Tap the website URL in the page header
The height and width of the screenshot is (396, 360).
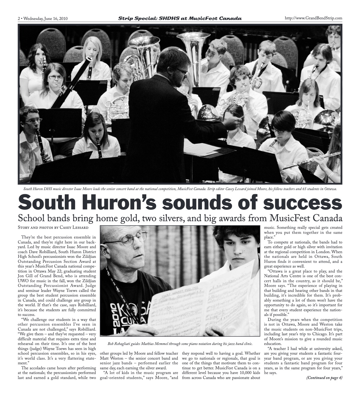point(313,18)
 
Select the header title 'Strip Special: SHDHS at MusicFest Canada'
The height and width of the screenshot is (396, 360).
point(180,18)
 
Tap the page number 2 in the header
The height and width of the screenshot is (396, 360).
point(19,18)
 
